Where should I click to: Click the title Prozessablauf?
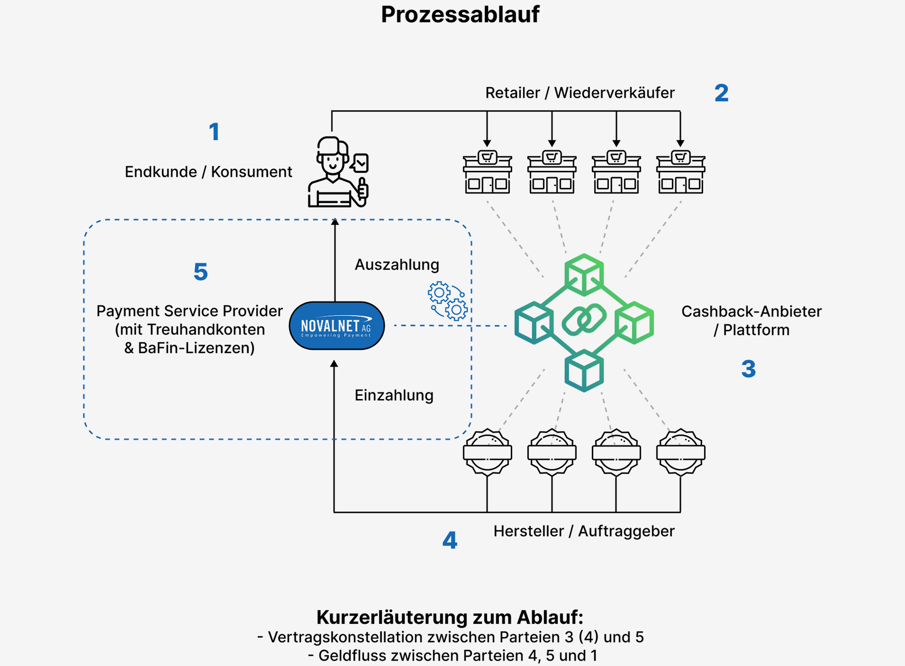[x=460, y=15]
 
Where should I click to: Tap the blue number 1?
[x=214, y=132]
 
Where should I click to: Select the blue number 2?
[x=721, y=93]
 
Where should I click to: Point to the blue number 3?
[x=748, y=369]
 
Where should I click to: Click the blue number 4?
[x=450, y=540]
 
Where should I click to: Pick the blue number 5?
[x=201, y=272]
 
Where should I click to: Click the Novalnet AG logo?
[x=337, y=326]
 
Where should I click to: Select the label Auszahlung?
[x=397, y=265]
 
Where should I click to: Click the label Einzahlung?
[x=394, y=396]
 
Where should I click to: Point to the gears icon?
[x=447, y=301]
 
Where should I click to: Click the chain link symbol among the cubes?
[x=584, y=320]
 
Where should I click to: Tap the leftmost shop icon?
[x=487, y=173]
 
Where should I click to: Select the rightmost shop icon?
[x=681, y=173]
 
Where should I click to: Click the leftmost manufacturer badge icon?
[x=487, y=452]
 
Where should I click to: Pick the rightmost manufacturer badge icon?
[x=681, y=452]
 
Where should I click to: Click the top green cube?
[x=584, y=274]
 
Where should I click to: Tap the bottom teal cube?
[x=584, y=371]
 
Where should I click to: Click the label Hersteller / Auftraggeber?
[x=584, y=531]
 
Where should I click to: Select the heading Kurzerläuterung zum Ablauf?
[x=450, y=617]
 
